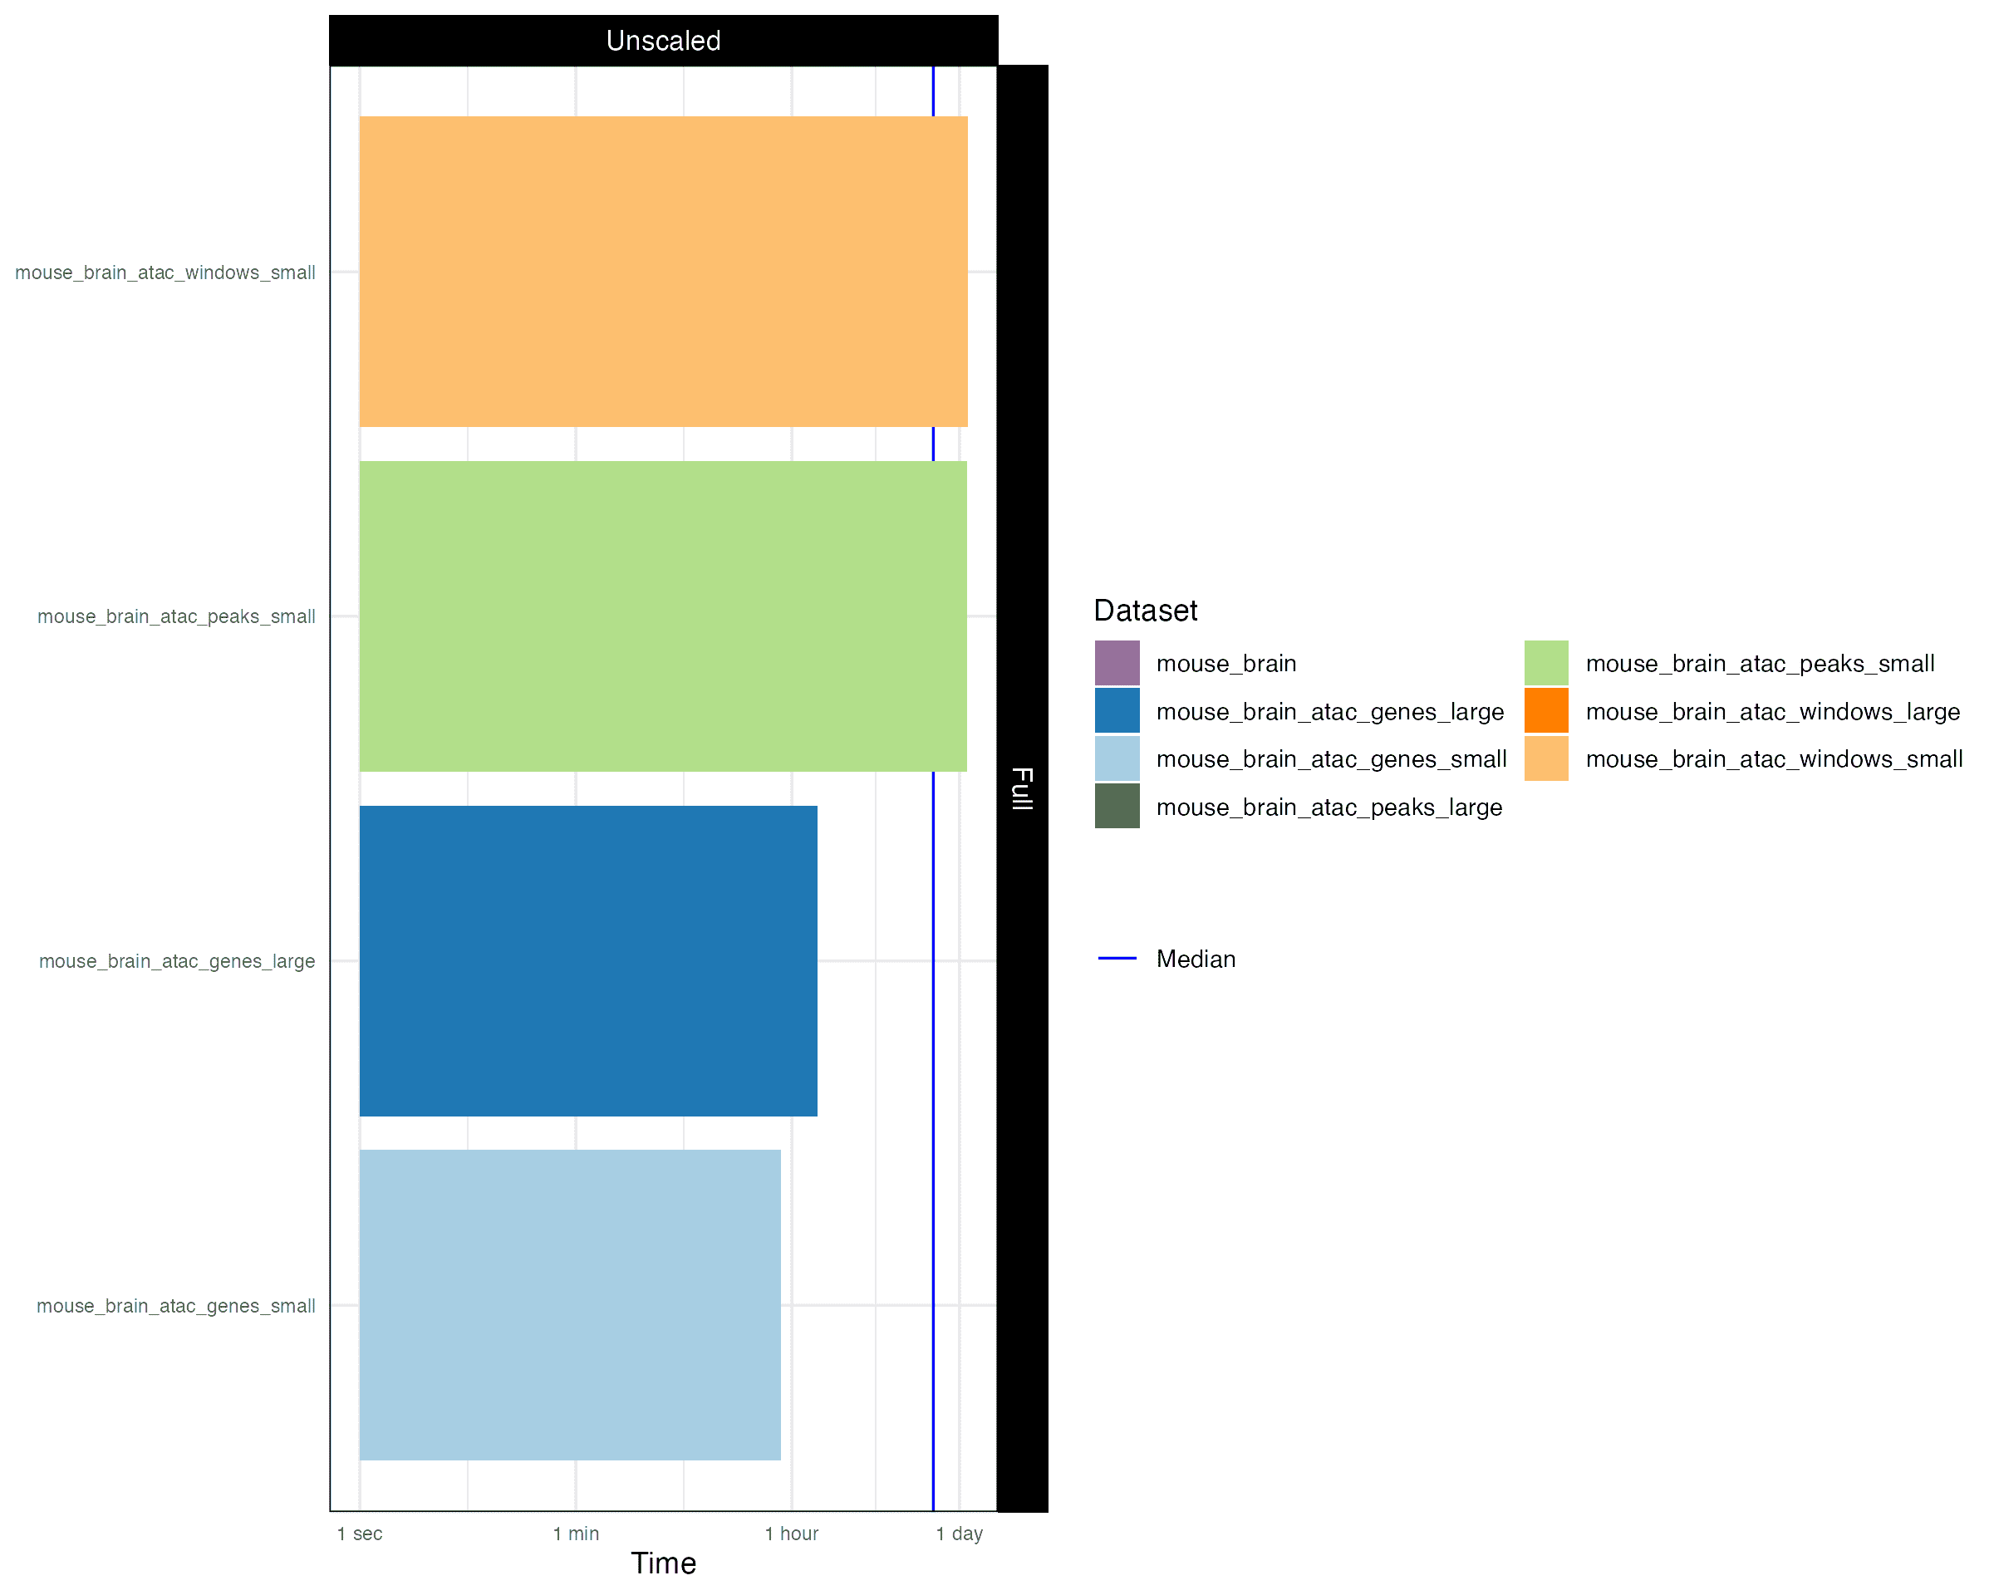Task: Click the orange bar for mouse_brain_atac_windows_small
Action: tap(663, 271)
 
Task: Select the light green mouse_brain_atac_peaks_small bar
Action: tap(663, 616)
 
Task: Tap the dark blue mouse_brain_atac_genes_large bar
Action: tap(588, 960)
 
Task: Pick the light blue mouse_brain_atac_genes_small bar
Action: tap(570, 1305)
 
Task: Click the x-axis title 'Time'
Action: tap(663, 1563)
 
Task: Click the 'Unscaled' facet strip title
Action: tap(663, 41)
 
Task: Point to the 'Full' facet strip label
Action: tap(1022, 788)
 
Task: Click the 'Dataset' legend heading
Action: tap(1145, 611)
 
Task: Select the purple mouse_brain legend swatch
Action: tap(1117, 663)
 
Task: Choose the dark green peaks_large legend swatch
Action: tap(1117, 807)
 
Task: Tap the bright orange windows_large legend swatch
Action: tap(1546, 711)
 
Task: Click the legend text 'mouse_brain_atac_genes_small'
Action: tap(1331, 759)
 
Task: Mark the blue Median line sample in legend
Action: tap(1117, 959)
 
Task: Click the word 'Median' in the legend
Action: tap(1196, 959)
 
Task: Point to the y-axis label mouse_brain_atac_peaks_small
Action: tap(176, 616)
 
